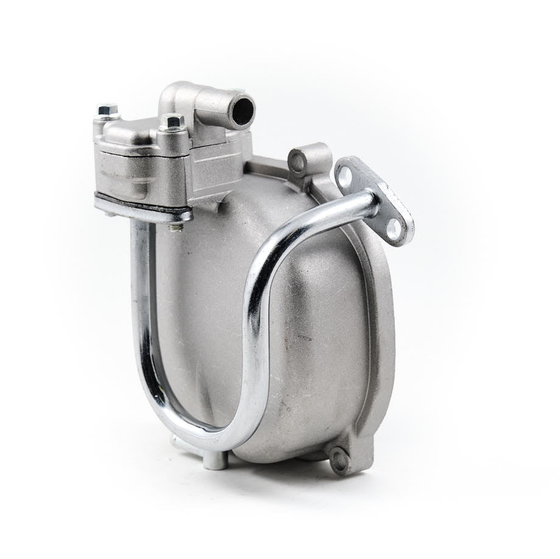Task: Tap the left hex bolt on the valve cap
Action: tap(107, 111)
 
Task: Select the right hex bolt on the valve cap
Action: tap(172, 121)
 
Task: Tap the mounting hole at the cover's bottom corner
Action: tap(339, 460)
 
